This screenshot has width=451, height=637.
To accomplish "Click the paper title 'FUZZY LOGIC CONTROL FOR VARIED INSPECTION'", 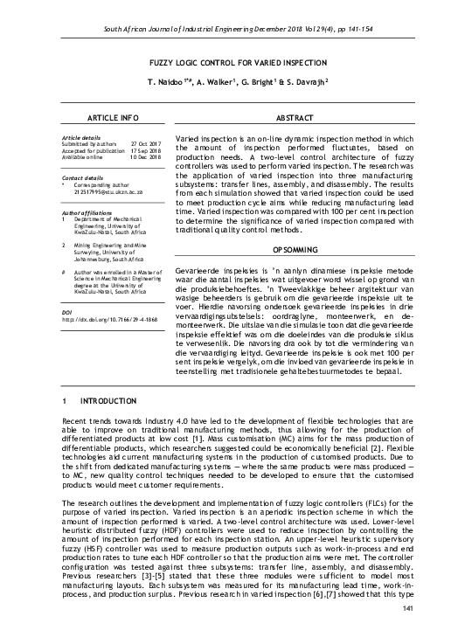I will [x=225, y=64].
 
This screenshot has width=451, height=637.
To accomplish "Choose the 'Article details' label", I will [x=83, y=137].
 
